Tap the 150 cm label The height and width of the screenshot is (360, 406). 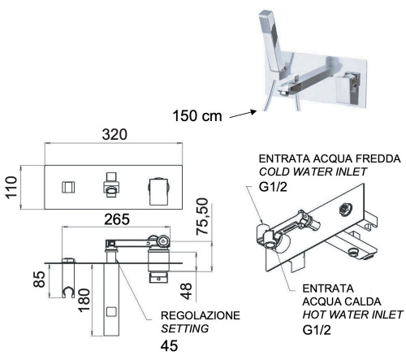point(200,116)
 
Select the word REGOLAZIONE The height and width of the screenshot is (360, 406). point(210,314)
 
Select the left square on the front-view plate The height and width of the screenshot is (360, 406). point(67,186)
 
